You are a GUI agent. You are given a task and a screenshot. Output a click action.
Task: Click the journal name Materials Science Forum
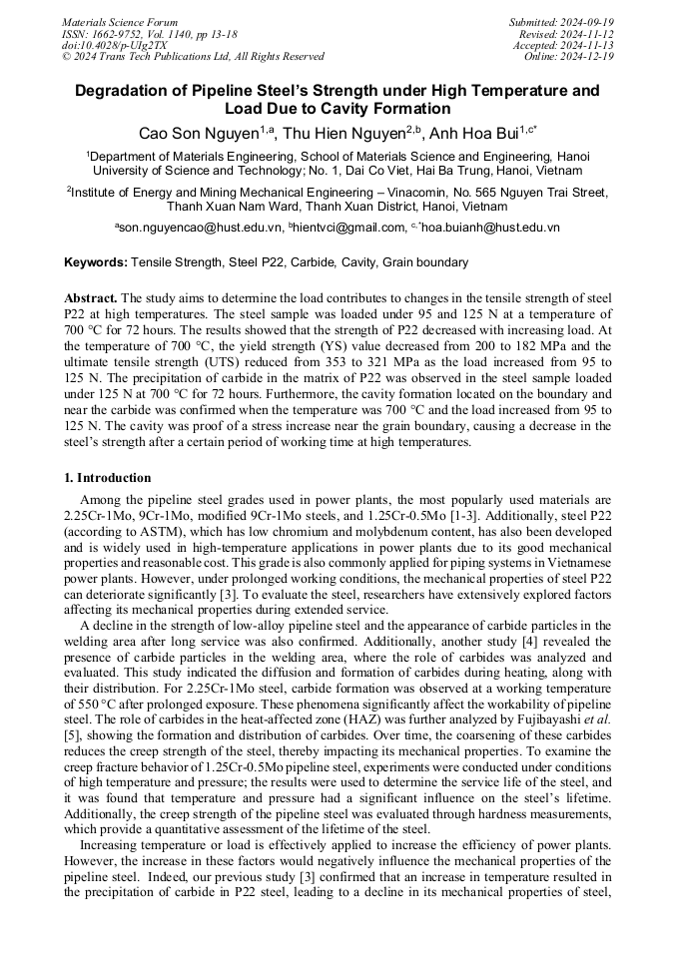pyautogui.click(x=120, y=22)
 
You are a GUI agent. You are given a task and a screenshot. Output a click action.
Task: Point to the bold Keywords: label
pyautogui.click(x=95, y=262)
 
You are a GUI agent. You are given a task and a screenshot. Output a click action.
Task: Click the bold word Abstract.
pyautogui.click(x=91, y=298)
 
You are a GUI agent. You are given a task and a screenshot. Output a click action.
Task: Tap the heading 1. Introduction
pyautogui.click(x=108, y=478)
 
